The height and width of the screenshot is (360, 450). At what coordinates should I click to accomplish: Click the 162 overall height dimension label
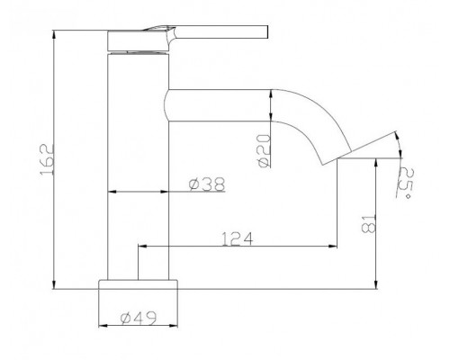pyautogui.click(x=48, y=159)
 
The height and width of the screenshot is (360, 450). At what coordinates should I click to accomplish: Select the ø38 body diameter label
pyautogui.click(x=207, y=184)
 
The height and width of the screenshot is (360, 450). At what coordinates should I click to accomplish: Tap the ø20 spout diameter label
pyautogui.click(x=264, y=151)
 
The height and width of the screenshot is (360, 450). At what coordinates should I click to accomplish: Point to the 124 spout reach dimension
pyautogui.click(x=238, y=238)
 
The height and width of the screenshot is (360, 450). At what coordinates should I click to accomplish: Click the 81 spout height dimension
pyautogui.click(x=369, y=224)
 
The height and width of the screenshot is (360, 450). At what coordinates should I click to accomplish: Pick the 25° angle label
pyautogui.click(x=405, y=183)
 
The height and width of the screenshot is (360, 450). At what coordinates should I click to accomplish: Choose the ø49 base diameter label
pyautogui.click(x=139, y=318)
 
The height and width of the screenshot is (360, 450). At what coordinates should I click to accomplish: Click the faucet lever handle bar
pyautogui.click(x=221, y=32)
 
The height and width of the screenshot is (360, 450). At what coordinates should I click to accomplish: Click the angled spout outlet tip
pyautogui.click(x=337, y=157)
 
